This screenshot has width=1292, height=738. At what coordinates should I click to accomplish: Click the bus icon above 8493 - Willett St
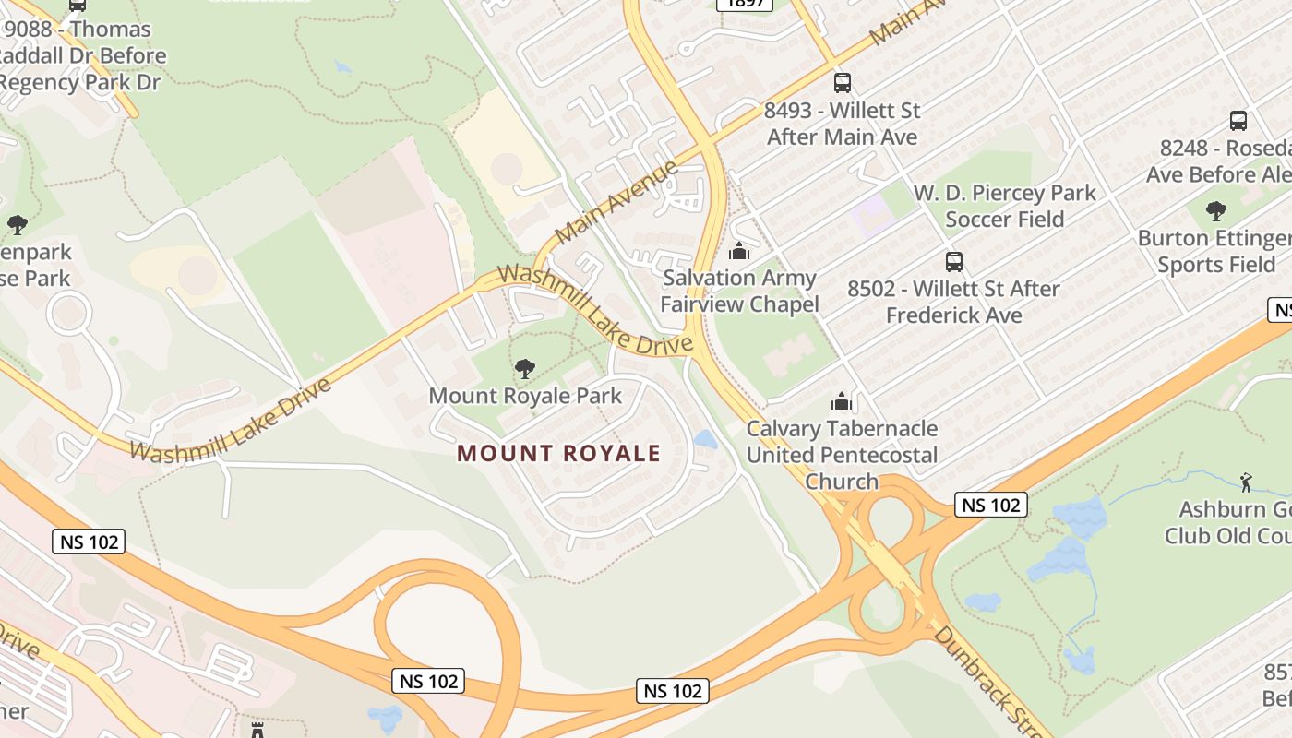coord(842,83)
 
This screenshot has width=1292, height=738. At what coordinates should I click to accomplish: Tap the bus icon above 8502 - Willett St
coord(953,262)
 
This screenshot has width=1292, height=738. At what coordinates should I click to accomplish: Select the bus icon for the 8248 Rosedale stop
coord(1238,121)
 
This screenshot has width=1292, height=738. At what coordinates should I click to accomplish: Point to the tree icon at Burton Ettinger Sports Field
coord(1216,211)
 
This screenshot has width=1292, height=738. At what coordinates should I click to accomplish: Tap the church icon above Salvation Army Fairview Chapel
coord(738,251)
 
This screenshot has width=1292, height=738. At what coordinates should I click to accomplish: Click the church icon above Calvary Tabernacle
coord(841,401)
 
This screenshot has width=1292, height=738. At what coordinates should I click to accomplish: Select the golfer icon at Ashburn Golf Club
coord(1246,482)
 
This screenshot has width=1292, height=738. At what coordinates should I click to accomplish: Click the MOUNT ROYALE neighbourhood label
coord(558,453)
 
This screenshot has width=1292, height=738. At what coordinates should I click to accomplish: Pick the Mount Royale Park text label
coord(524,397)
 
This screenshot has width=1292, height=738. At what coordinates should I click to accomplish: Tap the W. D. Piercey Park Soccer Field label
coord(1004,206)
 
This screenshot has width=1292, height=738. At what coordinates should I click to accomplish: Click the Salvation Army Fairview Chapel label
coord(739,291)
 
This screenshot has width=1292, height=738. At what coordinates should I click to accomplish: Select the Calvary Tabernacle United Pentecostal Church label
coord(842,455)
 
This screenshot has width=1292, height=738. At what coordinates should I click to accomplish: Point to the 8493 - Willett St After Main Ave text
coord(843,124)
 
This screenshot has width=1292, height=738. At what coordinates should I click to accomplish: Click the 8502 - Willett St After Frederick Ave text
coord(953,302)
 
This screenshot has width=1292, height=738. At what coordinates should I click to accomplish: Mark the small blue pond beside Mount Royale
coord(705,439)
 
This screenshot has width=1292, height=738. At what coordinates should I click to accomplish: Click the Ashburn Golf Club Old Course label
coord(1227,522)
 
